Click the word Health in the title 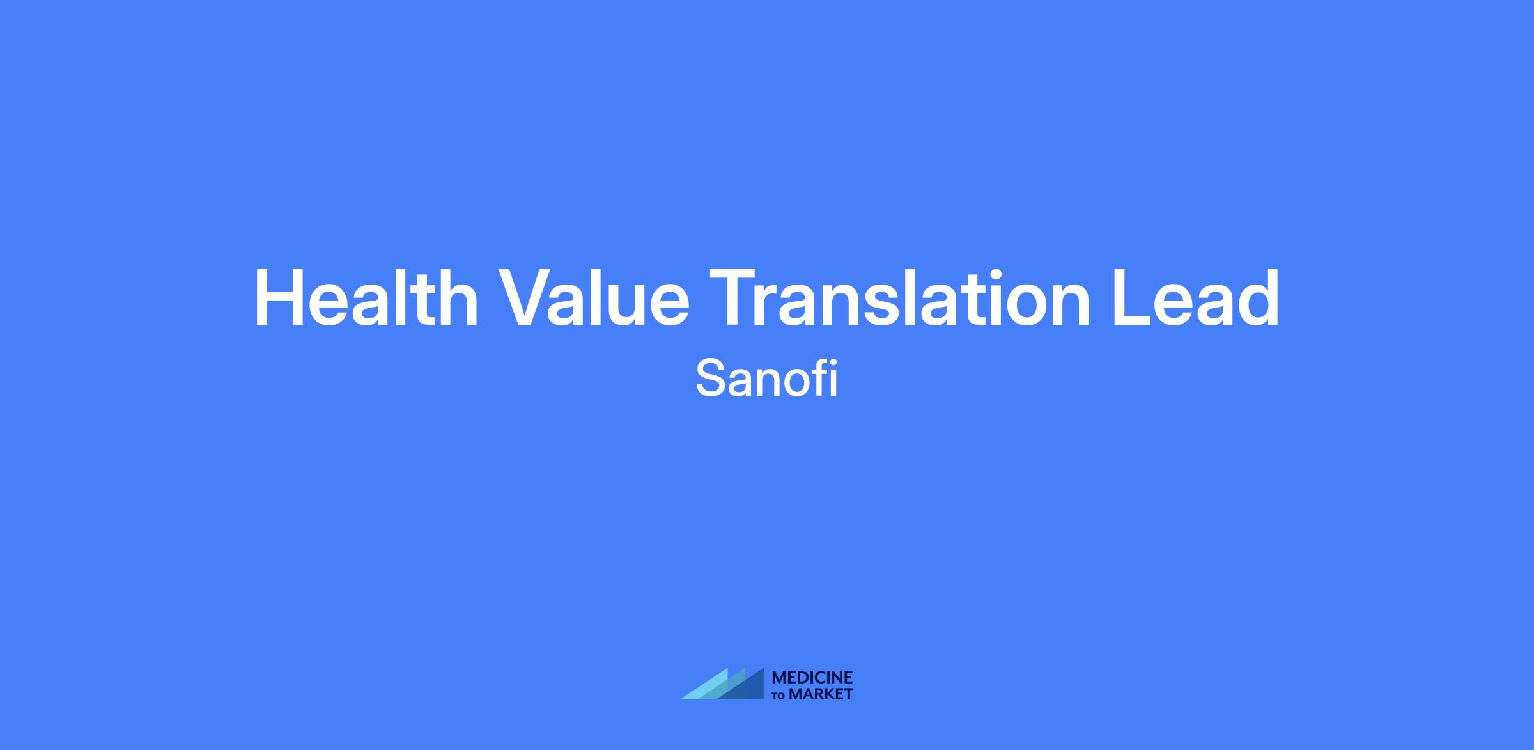(366, 298)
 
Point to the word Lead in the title (1196, 298)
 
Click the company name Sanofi (766, 379)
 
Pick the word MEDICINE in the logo (812, 678)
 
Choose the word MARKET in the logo (821, 694)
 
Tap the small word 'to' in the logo (780, 695)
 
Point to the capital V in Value (527, 299)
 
